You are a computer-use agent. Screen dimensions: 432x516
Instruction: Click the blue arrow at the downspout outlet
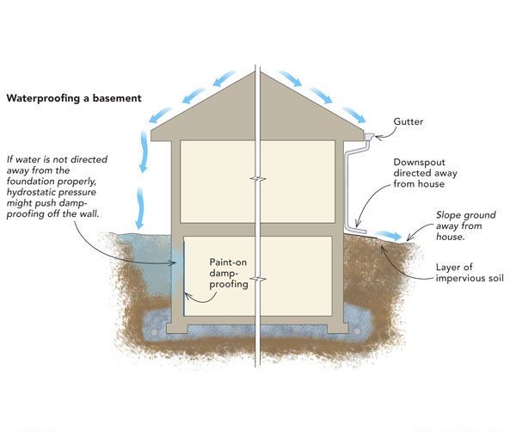click(390, 234)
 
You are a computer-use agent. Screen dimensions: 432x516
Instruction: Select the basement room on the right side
click(298, 275)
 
